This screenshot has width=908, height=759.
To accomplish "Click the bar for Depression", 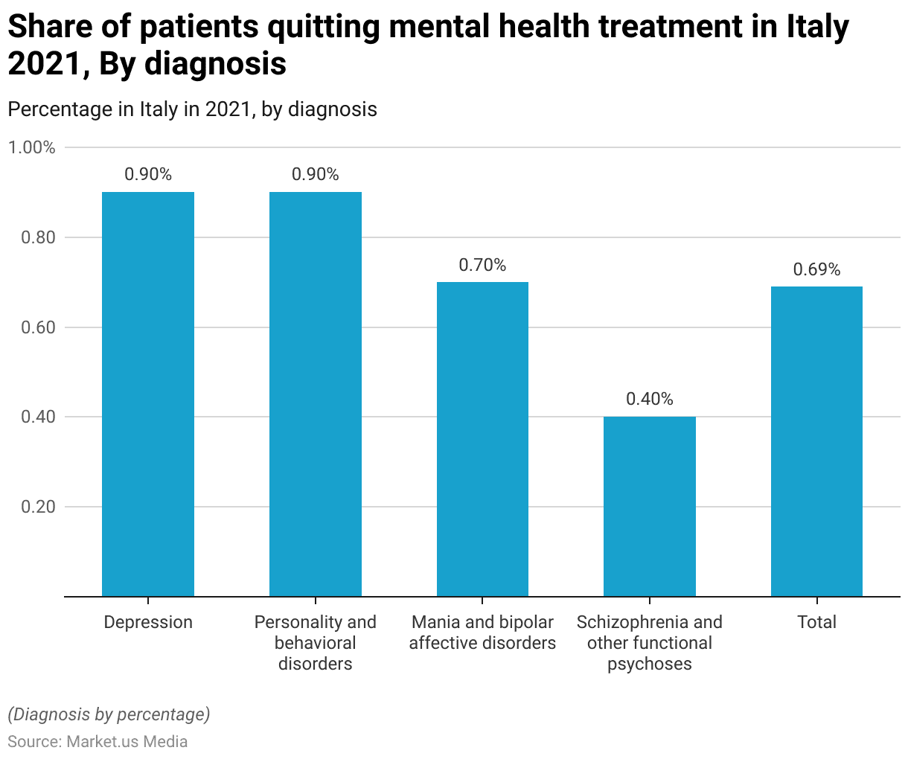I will tap(148, 394).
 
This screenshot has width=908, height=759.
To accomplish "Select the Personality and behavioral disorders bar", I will tap(316, 394).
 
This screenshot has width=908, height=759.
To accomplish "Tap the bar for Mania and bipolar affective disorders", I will tap(482, 439).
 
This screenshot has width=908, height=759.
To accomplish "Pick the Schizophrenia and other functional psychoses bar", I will tap(650, 506).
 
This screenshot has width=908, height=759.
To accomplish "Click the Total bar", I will tap(816, 441).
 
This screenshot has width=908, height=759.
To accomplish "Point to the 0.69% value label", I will tap(816, 269).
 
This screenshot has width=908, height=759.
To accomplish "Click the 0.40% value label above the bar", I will tap(650, 399).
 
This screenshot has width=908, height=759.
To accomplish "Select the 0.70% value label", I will tap(482, 265).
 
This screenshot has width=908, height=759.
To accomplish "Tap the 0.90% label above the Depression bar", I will tap(148, 174).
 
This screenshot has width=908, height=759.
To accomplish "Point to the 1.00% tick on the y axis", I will tap(32, 147).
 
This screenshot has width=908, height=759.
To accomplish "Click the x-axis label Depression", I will tap(148, 622).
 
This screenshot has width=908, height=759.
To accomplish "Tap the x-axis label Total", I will tap(816, 622).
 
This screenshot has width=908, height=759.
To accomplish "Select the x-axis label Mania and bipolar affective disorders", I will tap(482, 632).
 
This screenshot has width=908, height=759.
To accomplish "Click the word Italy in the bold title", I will tap(817, 28).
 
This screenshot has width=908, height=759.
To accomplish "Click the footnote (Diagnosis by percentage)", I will tap(109, 714).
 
